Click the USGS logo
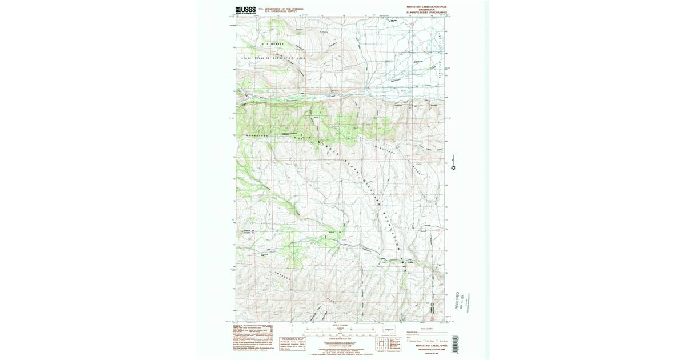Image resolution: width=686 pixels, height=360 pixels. pyautogui.click(x=245, y=10)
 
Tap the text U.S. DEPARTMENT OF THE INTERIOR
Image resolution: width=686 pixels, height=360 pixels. pyautogui.click(x=281, y=9)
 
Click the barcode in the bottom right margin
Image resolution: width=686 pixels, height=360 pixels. pyautogui.click(x=455, y=343)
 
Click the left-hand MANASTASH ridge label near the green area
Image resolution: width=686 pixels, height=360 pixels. pyautogui.click(x=258, y=135)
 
